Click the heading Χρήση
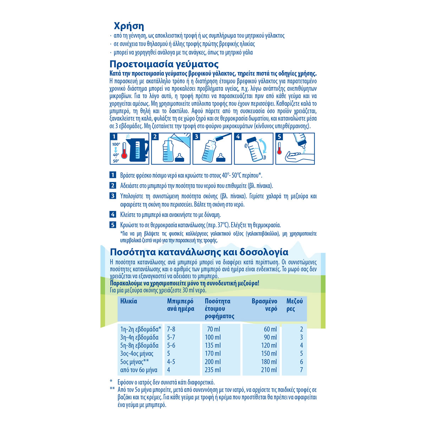129,26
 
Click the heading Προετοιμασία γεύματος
164,64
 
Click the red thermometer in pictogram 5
280,148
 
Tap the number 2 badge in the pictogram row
155,137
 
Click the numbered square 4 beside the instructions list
113,214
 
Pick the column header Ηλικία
129,301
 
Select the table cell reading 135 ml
213,345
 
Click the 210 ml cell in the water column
269,370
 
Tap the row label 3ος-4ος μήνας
137,354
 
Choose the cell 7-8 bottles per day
171,329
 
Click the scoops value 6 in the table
301,362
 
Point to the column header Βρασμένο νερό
264,305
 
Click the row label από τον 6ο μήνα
138,370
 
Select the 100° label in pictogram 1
116,144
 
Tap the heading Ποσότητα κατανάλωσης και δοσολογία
199,252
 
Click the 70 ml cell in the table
214,329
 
